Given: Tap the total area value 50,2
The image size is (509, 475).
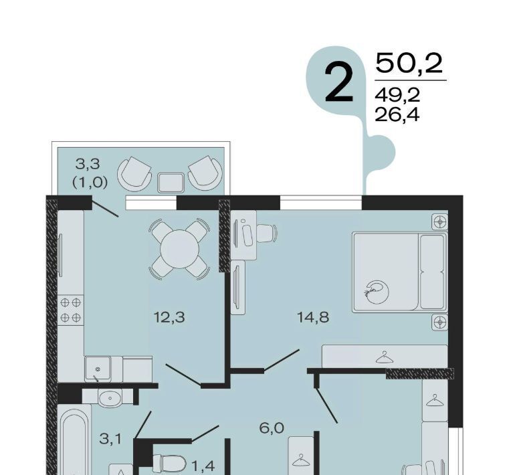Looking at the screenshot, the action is [x=409, y=64].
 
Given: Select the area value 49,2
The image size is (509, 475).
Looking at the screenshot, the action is [x=397, y=95].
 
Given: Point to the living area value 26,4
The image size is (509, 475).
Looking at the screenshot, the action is [x=397, y=114].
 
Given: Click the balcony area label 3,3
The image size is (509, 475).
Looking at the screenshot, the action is [x=88, y=164].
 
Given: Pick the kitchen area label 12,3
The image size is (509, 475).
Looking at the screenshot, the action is [x=169, y=317].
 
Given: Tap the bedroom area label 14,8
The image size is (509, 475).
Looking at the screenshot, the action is [x=313, y=317].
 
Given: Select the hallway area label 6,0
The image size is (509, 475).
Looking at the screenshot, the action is [x=272, y=428].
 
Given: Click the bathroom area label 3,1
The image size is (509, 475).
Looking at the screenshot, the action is [x=110, y=440].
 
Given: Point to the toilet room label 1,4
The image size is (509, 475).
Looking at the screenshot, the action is [x=203, y=466].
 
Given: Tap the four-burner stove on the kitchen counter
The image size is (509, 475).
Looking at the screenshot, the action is [x=70, y=310].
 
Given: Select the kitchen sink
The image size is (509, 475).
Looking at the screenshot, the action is [x=98, y=369].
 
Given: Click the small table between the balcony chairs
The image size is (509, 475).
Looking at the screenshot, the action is [x=171, y=183].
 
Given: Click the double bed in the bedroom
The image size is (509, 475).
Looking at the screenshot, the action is [x=400, y=272].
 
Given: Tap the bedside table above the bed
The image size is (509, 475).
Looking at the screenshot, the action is [x=440, y=222].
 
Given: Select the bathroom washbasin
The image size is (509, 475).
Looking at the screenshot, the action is [x=110, y=398].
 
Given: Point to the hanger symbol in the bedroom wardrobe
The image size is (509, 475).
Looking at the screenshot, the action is [x=385, y=357].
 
